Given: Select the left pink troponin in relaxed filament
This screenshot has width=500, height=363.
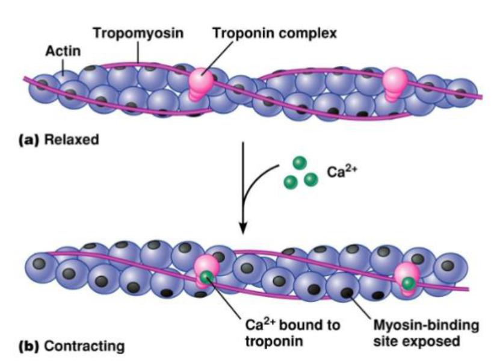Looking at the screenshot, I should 201,81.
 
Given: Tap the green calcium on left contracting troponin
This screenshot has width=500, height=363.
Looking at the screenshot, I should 206,277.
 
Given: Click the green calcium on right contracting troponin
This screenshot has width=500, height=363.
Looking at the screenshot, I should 409,282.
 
